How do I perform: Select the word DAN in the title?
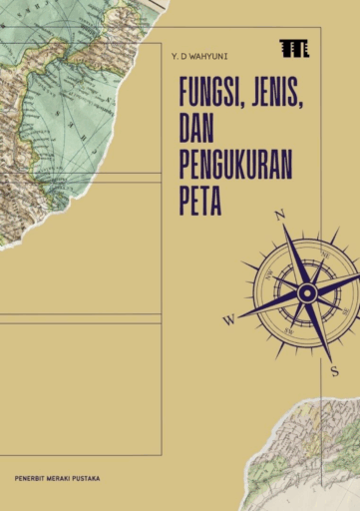tap(196, 130)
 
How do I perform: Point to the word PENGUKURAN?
tap(235, 163)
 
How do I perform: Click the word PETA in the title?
tap(200, 196)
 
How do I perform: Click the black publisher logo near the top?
tap(293, 48)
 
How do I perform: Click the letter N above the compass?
tap(280, 215)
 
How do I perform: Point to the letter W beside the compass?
tap(228, 320)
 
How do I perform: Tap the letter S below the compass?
tap(335, 370)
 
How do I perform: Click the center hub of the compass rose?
tap(307, 292)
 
